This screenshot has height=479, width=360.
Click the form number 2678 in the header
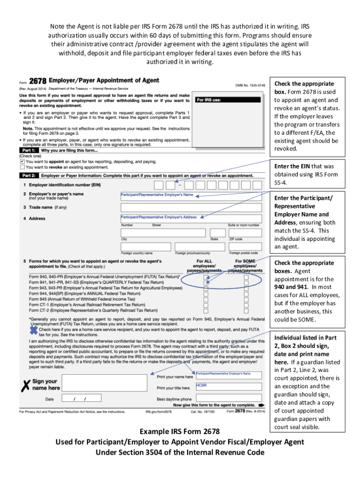[38, 80]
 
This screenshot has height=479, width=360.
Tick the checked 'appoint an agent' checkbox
[22, 160]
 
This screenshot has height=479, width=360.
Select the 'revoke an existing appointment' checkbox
[22, 167]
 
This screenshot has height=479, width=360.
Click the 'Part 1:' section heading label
[29, 151]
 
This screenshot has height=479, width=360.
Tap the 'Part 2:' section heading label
[29, 175]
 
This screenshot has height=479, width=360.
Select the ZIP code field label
[235, 239]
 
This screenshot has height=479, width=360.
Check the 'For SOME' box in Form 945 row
[246, 297]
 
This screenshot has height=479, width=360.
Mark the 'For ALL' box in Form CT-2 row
[206, 310]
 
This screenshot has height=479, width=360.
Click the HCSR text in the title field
[202, 385]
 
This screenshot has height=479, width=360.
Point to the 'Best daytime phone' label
[174, 399]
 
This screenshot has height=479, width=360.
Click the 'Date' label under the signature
[49, 399]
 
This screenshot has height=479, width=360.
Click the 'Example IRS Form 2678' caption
[180, 431]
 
